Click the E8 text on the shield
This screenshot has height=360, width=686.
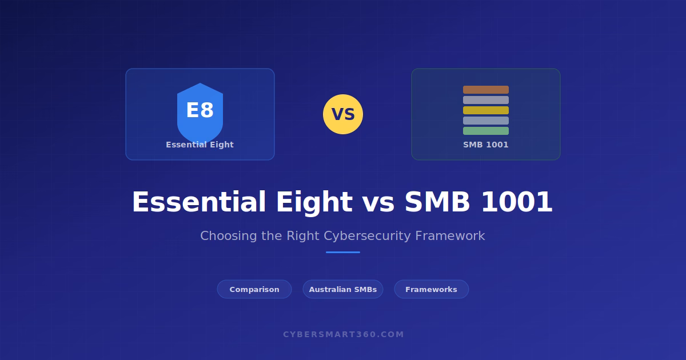click(200, 110)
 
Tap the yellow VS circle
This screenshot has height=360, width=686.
click(343, 114)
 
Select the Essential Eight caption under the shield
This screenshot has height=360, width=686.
click(200, 145)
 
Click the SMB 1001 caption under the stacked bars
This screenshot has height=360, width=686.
click(486, 145)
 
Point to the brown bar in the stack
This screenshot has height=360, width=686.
click(486, 90)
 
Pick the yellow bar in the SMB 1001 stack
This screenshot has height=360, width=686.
click(486, 110)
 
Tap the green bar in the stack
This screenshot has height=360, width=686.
click(486, 131)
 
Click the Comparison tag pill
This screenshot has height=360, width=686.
click(254, 289)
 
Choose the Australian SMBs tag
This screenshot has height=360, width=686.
click(343, 289)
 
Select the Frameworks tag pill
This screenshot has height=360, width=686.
click(431, 289)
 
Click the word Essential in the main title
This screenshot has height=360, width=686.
click(199, 202)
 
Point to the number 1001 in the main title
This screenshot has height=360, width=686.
click(517, 202)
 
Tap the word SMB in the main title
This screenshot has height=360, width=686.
click(437, 202)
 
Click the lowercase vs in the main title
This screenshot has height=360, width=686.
click(378, 203)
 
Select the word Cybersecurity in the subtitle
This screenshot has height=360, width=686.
click(367, 236)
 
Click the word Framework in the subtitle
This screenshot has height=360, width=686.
click(450, 235)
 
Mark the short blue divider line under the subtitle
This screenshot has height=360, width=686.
click(343, 252)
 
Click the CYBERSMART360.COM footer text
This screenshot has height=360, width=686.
click(344, 334)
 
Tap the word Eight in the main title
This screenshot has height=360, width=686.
click(314, 203)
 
